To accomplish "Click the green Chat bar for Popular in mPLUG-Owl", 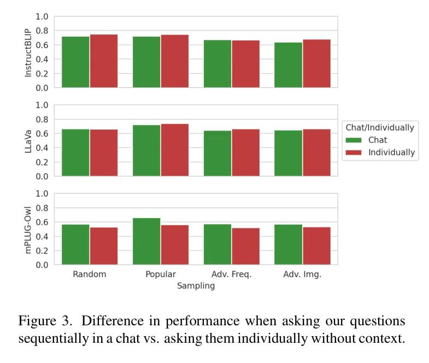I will (146, 241).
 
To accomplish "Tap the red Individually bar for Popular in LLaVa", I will (175, 150).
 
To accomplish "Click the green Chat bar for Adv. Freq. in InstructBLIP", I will (218, 63).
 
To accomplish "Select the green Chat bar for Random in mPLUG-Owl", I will (75, 244).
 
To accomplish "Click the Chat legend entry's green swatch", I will (354, 140).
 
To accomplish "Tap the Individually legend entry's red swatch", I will (354, 153).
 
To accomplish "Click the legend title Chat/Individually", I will (380, 127).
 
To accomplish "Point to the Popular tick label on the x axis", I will (161, 274).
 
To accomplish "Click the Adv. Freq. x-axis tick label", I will (232, 274).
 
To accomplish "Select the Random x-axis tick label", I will (89, 274).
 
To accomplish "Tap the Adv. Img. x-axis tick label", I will (302, 274).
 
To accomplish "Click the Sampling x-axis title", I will (196, 286).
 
